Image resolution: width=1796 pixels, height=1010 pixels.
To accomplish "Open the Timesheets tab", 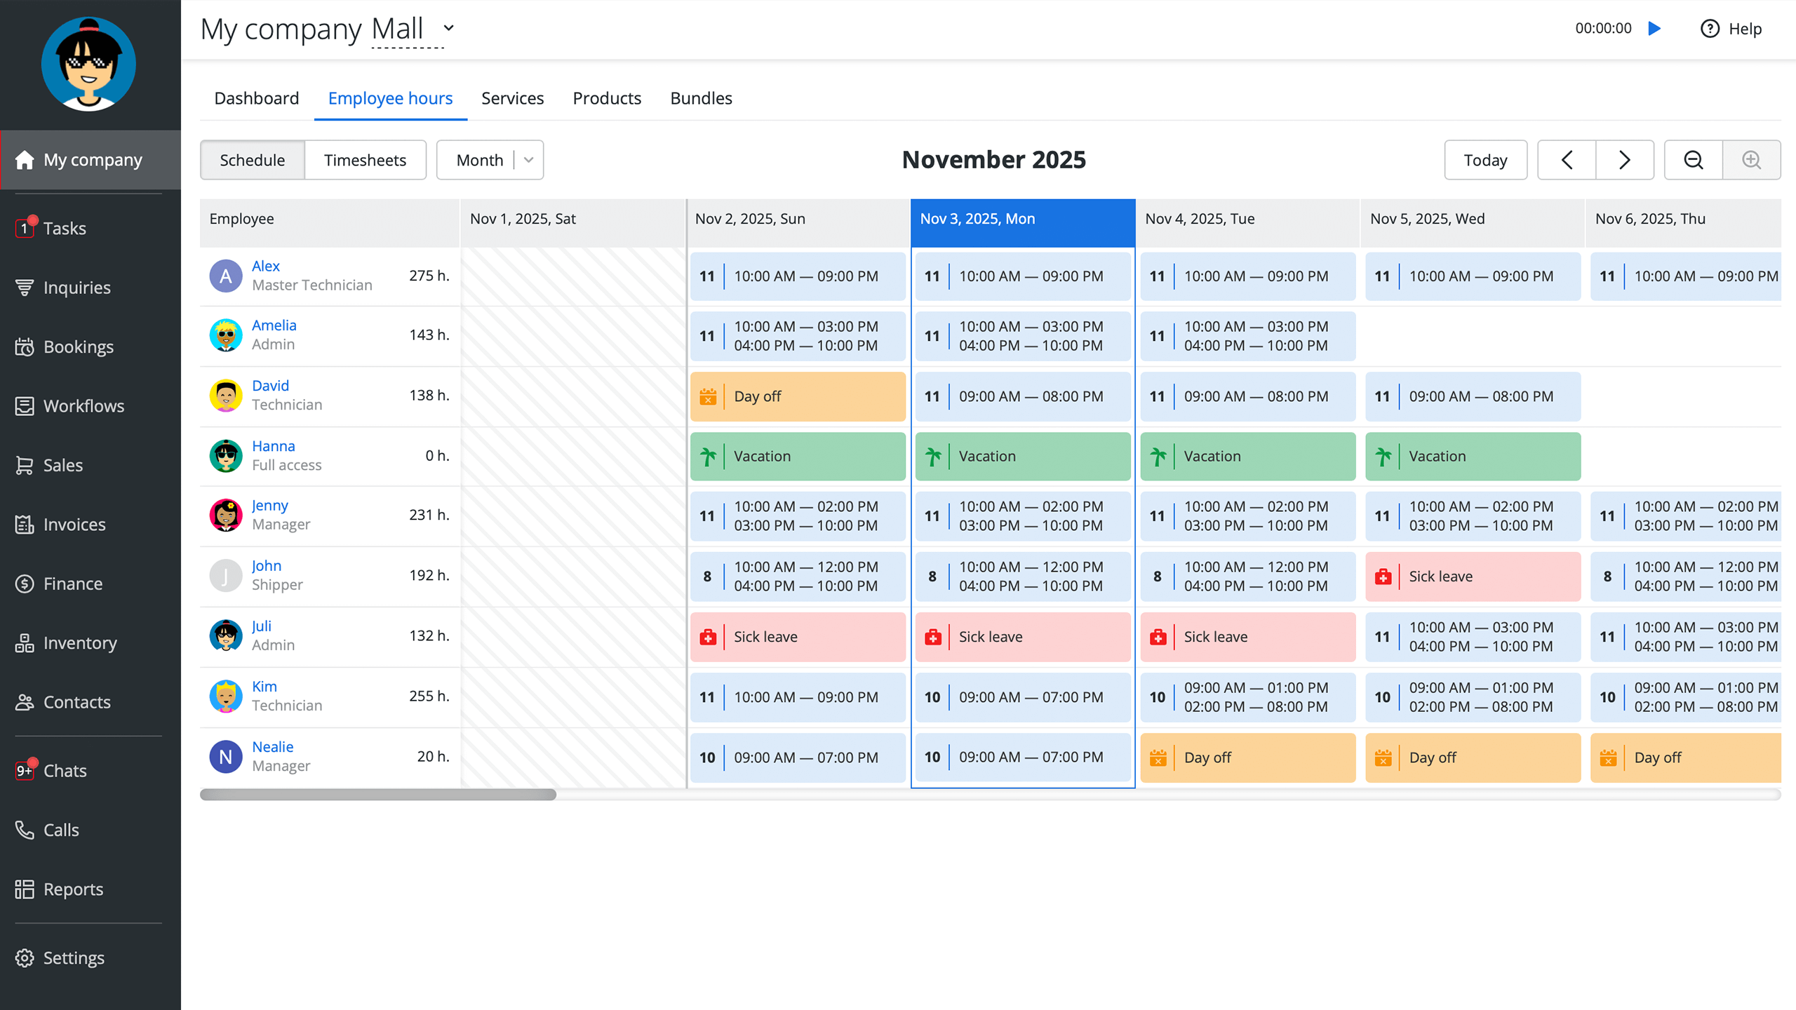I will (x=365, y=160).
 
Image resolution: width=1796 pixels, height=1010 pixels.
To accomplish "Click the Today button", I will (x=1485, y=160).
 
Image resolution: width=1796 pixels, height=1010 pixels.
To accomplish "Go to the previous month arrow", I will (x=1567, y=160).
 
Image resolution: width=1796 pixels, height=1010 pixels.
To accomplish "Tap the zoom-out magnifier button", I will (x=1694, y=160).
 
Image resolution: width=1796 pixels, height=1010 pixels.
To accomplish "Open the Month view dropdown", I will (x=490, y=160).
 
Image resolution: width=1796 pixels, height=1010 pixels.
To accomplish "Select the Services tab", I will (x=512, y=98).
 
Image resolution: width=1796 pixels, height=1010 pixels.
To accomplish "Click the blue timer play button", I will (x=1655, y=28).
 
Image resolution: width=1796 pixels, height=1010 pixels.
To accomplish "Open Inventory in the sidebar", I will (x=79, y=643).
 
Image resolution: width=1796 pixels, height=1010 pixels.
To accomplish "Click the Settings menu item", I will (x=74, y=958).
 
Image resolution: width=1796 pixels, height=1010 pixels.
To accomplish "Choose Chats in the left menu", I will (x=65, y=771).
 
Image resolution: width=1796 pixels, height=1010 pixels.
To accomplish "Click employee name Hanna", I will (x=273, y=446).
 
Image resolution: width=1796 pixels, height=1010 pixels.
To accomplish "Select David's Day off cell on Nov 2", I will (x=798, y=396).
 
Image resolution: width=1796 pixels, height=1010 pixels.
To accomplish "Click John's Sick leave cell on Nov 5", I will (x=1473, y=577).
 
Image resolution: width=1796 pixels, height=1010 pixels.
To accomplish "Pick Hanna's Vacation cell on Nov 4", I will (x=1247, y=457).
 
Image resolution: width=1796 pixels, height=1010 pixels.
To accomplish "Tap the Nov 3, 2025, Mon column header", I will (x=1022, y=219).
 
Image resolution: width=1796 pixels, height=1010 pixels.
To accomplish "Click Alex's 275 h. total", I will (x=429, y=276).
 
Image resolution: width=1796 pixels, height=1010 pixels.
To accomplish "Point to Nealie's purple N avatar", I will (x=226, y=757).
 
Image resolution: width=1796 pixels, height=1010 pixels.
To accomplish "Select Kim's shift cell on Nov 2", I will (x=798, y=697).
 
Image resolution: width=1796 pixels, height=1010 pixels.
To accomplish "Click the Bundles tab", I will (x=701, y=98).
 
